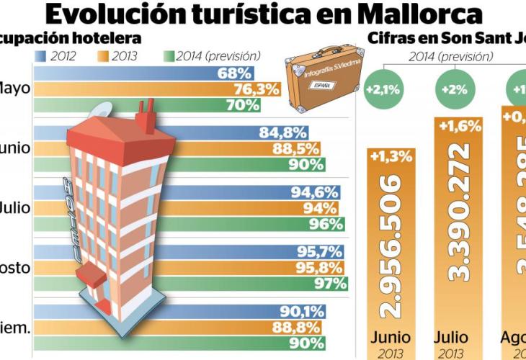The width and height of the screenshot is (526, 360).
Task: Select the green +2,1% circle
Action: point(383,90)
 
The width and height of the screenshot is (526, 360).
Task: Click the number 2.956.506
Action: point(390,245)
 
